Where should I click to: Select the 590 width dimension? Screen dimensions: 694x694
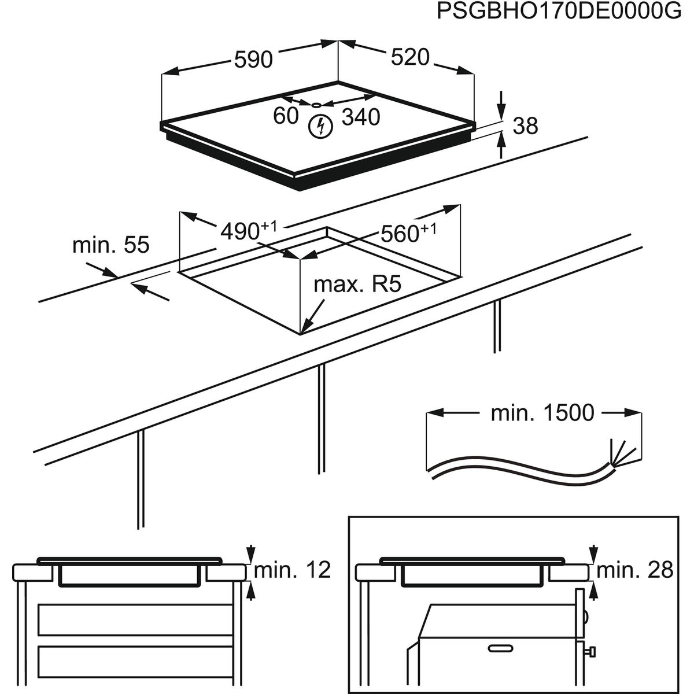253,59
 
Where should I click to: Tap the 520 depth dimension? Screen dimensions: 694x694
410,57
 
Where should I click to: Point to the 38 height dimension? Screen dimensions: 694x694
525,125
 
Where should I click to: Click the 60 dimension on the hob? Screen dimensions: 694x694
286,116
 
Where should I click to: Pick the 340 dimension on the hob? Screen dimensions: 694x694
361,117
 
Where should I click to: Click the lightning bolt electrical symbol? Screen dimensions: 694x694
319,126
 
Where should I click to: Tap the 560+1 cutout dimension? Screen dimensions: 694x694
408,233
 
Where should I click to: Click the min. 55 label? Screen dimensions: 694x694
110,245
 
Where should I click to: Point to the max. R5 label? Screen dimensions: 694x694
357,285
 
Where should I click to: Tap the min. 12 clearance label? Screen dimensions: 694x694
293,570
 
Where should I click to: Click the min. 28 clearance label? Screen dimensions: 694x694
635,570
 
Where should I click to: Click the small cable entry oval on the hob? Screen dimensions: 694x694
315,105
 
